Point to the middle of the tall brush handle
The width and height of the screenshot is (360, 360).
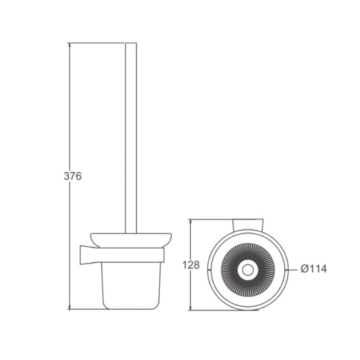tap(130, 137)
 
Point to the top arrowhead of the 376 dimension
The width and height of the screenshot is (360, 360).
tap(70, 45)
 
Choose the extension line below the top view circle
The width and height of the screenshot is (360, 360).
tap(216, 312)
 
